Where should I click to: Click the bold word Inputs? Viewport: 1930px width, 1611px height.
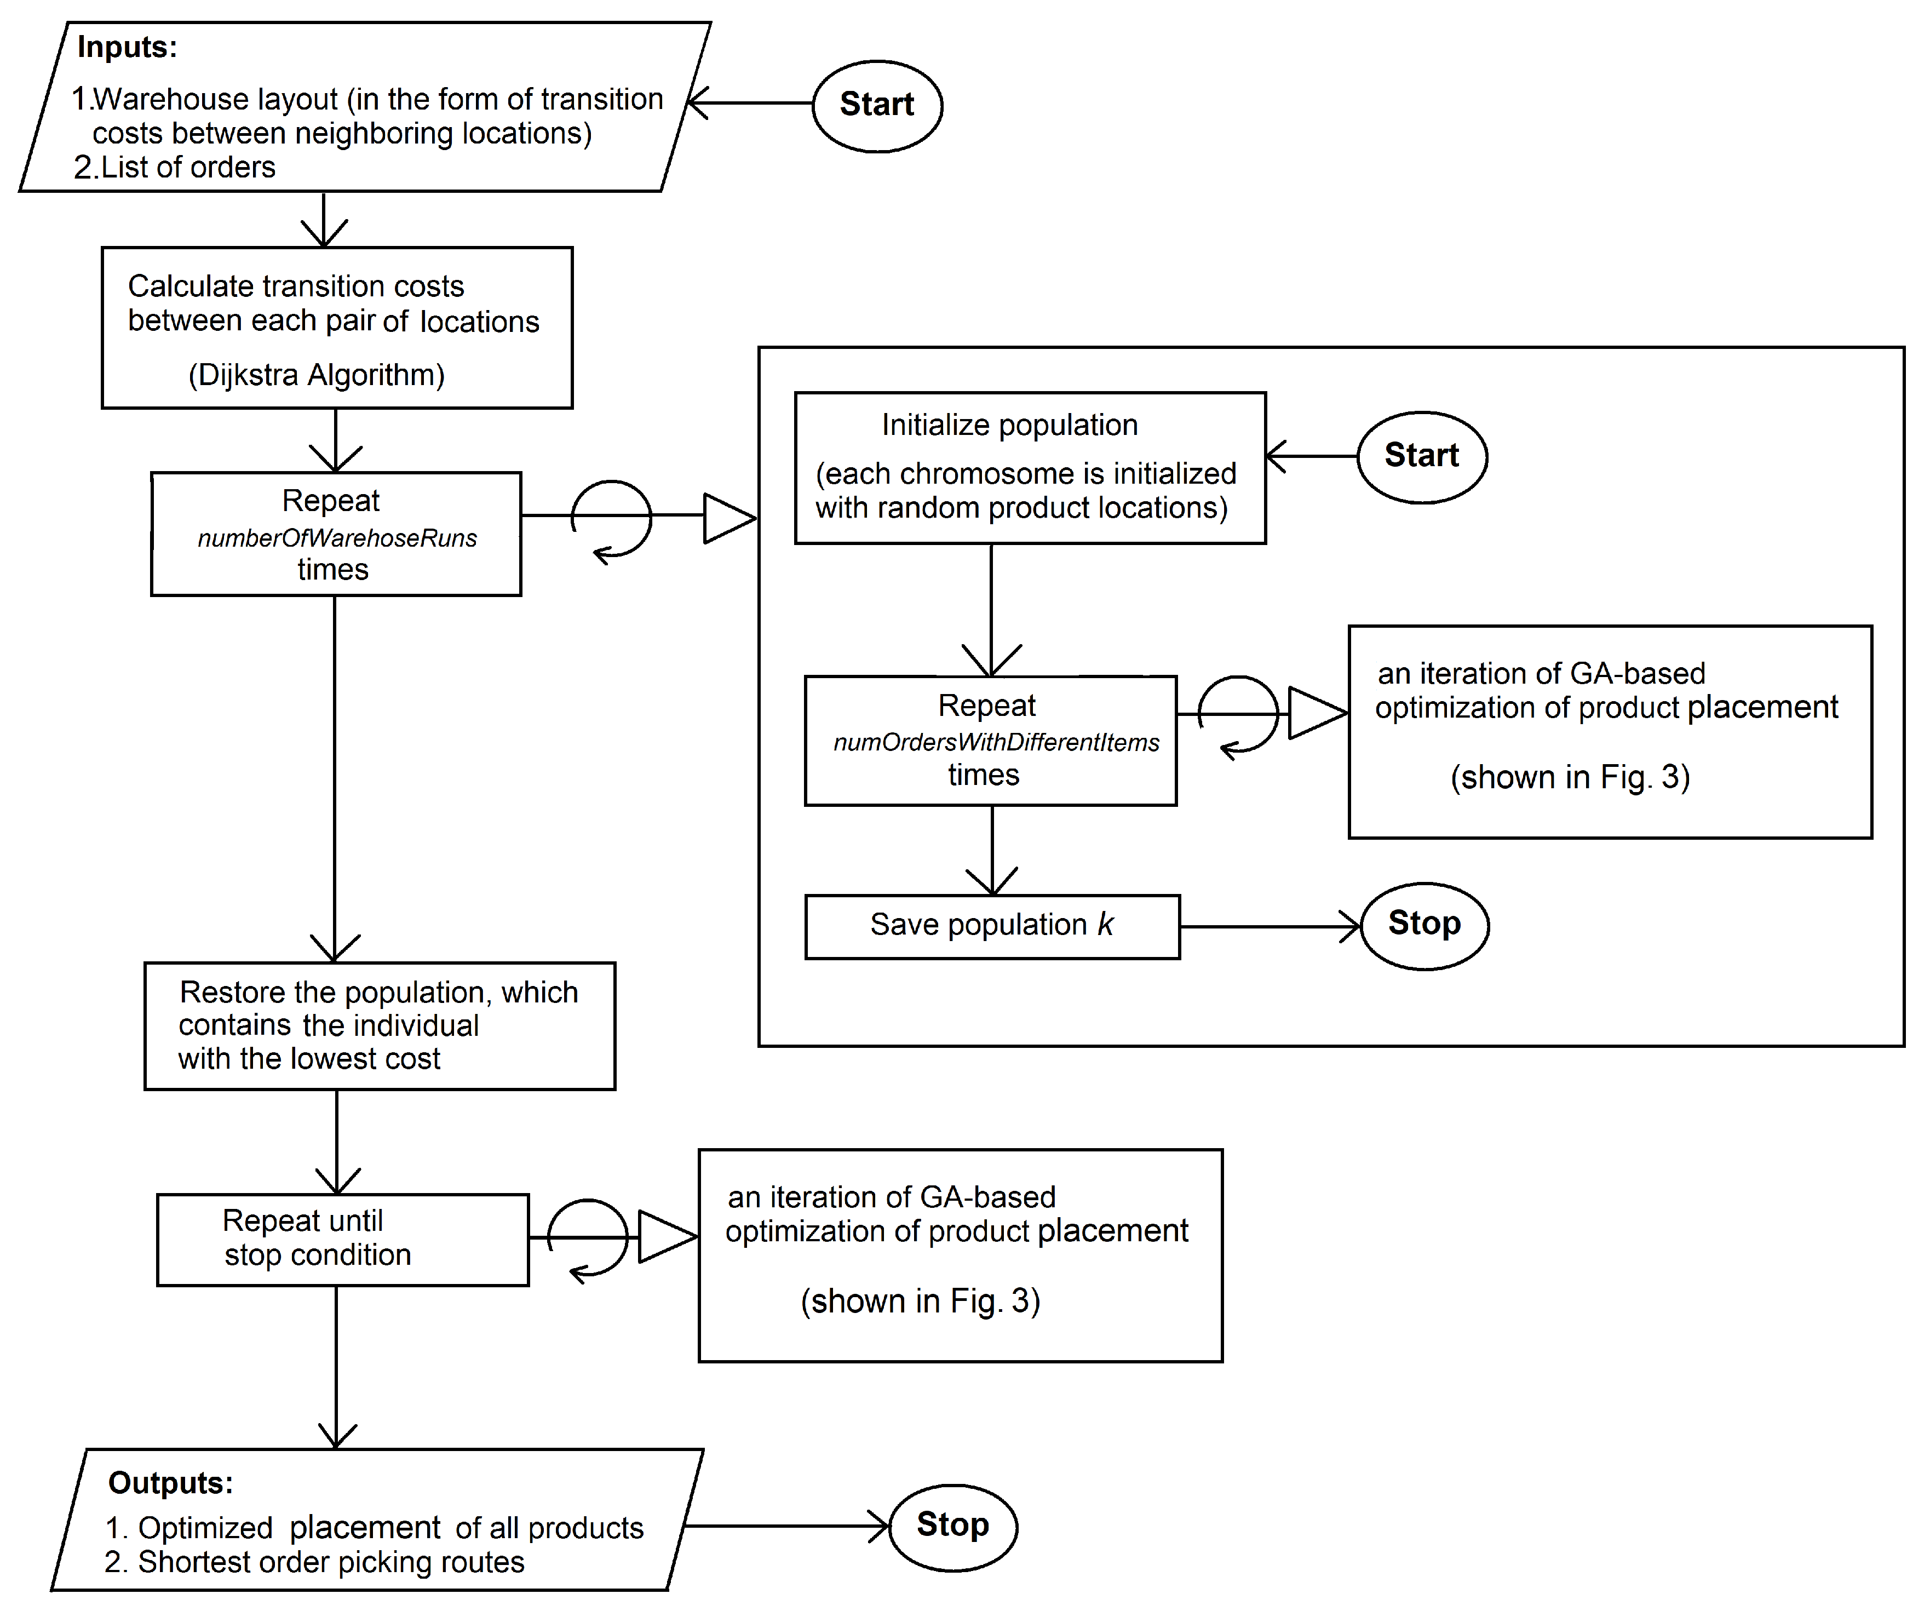pos(127,47)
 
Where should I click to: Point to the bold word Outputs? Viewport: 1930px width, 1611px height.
pos(170,1482)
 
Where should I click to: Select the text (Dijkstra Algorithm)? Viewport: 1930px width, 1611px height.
pos(316,375)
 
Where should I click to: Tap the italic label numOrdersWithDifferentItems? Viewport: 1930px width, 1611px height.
pos(996,743)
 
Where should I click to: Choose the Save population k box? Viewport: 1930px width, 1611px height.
pos(992,926)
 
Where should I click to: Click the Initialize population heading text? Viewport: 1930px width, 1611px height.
pos(1009,425)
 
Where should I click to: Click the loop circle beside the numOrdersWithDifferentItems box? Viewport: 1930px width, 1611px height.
pos(1238,715)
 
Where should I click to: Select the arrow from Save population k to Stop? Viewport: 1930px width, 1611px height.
pos(1269,926)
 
